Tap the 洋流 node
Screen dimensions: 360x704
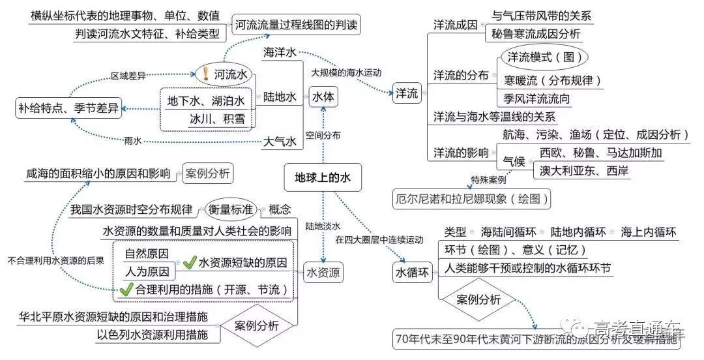(407, 93)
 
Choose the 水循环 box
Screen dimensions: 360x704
(413, 273)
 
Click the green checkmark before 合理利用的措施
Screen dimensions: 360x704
(125, 290)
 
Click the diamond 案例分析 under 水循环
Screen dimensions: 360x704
(478, 300)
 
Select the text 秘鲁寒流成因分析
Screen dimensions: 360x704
(536, 34)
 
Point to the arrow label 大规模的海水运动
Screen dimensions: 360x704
(345, 72)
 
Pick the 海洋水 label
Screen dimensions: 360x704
(280, 52)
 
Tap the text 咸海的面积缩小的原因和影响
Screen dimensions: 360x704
(98, 174)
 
